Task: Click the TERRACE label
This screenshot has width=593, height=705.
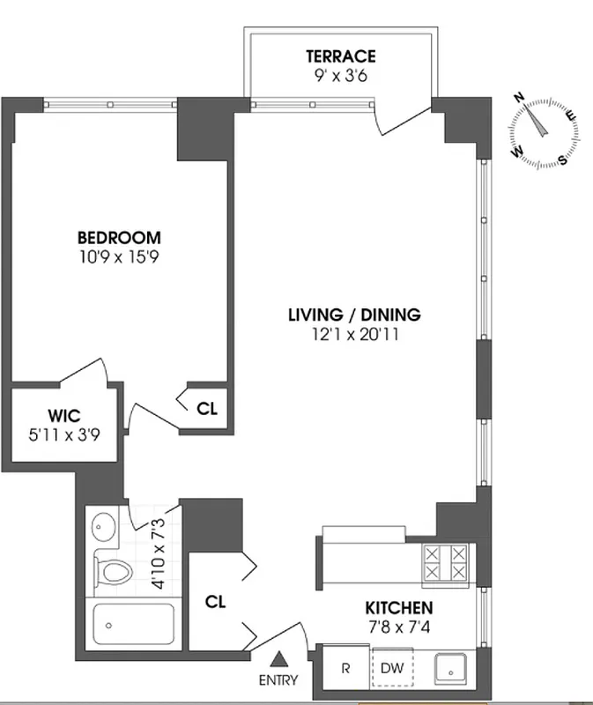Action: tap(340, 56)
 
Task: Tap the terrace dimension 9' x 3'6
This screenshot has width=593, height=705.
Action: tap(340, 76)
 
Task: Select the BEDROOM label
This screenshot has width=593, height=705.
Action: tap(119, 237)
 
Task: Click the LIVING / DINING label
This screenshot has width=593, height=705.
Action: tap(355, 315)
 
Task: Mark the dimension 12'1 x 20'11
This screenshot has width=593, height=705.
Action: tap(355, 334)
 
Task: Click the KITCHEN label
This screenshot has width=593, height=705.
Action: tap(399, 608)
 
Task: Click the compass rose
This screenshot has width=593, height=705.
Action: tap(545, 131)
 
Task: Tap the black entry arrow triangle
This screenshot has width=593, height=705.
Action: tap(280, 657)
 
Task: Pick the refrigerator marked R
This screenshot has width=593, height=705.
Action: tap(345, 667)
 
